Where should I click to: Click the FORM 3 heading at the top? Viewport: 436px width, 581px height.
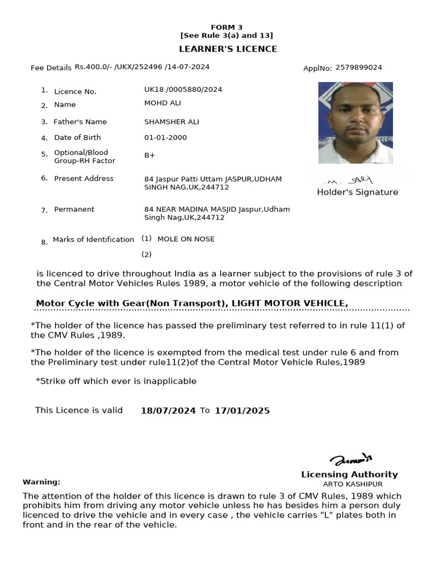[x=227, y=27]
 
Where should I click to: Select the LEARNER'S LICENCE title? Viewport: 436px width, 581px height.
[x=228, y=49]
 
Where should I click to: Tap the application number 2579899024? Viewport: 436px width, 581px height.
[x=358, y=68]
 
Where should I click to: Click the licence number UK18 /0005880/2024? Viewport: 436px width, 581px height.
[x=183, y=90]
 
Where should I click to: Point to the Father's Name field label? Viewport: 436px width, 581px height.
[x=80, y=122]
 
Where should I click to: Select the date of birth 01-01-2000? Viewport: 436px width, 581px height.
[x=165, y=137]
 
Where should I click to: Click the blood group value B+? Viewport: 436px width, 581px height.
[x=150, y=155]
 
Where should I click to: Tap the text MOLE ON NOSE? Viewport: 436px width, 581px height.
[x=186, y=239]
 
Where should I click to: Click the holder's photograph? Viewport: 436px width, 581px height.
[x=355, y=123]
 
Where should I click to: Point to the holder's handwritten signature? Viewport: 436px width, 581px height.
[x=349, y=180]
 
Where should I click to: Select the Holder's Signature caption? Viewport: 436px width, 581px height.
[x=357, y=192]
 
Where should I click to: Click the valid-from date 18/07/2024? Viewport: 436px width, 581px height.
[x=168, y=411]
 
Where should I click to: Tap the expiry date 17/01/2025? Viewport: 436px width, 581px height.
[x=242, y=411]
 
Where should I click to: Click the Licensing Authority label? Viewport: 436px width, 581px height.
[x=349, y=474]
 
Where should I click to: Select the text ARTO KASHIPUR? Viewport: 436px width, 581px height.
[x=353, y=484]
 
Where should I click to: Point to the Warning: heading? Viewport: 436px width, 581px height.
[x=41, y=482]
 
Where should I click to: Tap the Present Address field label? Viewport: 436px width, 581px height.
[x=83, y=178]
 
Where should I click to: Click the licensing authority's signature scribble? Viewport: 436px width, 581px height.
[x=351, y=460]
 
